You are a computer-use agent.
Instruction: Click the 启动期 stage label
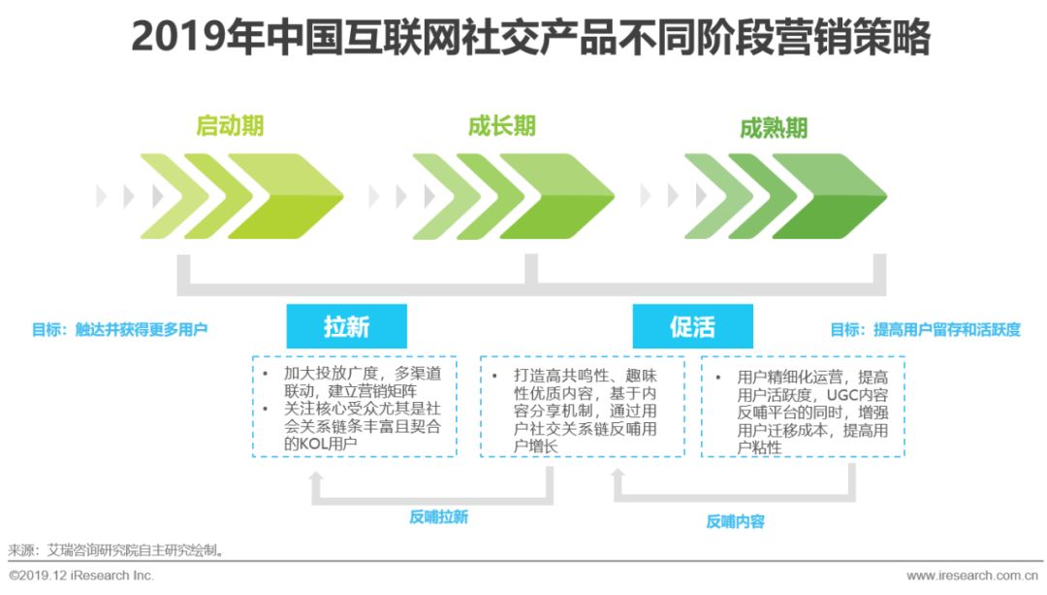230,127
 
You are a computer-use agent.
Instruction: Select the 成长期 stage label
501,127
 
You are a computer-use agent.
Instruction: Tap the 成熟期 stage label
773,129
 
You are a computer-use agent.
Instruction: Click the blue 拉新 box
346,326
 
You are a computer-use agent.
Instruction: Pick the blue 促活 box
692,326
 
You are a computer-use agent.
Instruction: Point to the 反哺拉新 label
438,517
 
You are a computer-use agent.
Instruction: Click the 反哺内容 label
735,521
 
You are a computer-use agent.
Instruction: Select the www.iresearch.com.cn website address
975,576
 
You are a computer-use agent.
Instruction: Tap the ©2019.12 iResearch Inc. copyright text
81,576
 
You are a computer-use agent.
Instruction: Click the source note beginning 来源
116,549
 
